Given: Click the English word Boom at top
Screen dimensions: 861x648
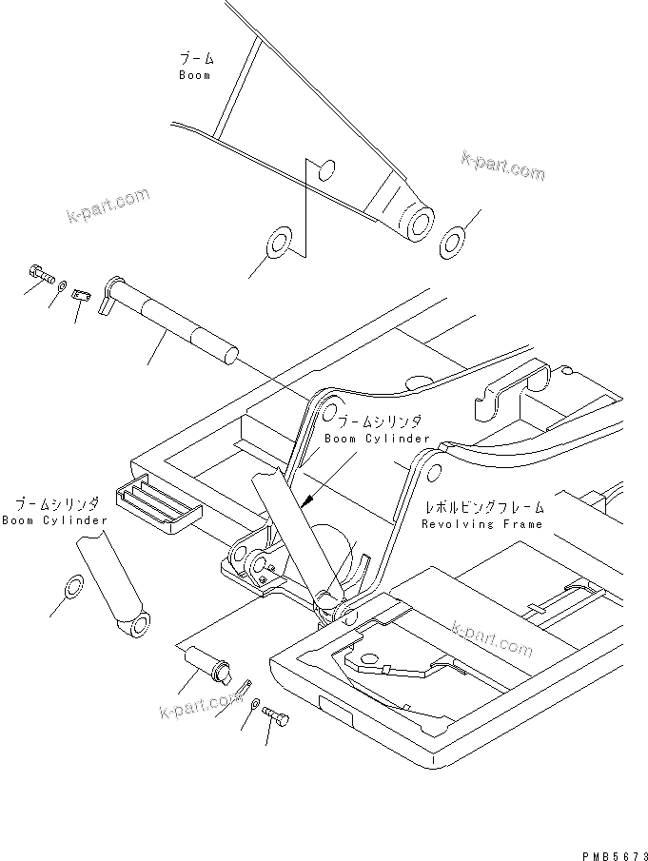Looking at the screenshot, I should [x=194, y=75].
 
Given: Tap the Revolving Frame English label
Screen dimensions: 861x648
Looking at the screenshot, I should [x=483, y=524].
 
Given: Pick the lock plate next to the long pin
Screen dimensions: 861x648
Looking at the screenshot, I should [x=82, y=296].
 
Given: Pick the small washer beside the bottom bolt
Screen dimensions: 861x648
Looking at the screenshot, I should [x=255, y=703].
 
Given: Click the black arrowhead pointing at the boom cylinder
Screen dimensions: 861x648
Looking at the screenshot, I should [x=305, y=498].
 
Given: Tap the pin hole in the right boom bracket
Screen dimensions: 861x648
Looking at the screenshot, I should [x=433, y=473].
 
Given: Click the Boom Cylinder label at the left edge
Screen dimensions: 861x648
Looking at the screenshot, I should [x=54, y=520].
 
